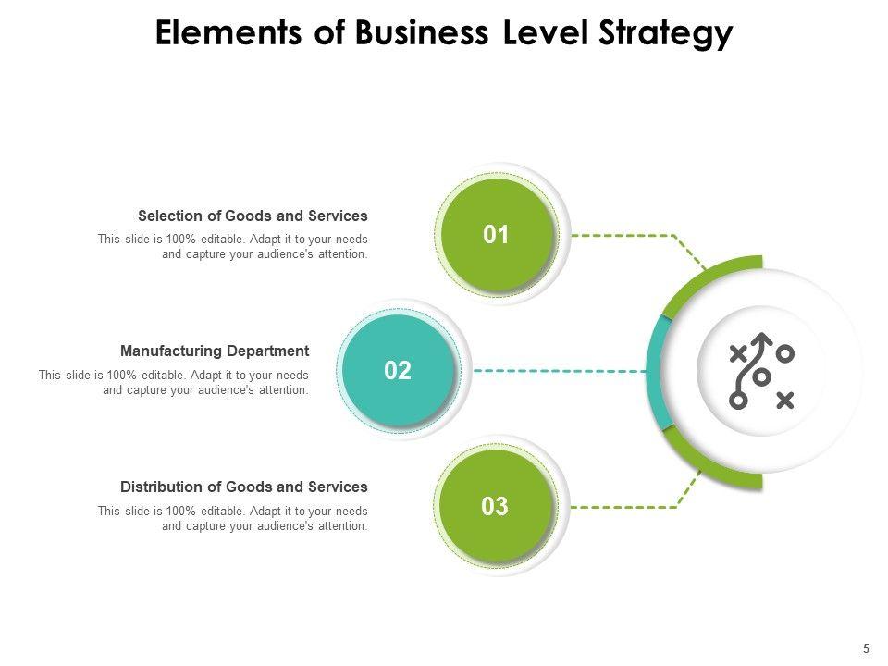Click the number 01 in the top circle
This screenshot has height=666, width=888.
tap(497, 235)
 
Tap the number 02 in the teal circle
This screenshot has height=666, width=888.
tap(397, 371)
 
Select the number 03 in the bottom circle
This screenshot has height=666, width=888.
tap(496, 507)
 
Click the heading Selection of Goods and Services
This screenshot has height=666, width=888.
tap(253, 216)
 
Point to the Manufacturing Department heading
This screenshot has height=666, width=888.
tap(215, 351)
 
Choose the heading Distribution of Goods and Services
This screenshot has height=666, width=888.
tap(244, 487)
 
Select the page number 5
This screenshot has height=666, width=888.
tap(866, 647)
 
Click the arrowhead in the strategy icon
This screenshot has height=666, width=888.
tap(762, 339)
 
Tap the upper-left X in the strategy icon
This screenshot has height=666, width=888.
tap(738, 352)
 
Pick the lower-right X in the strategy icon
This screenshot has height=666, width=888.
tap(784, 400)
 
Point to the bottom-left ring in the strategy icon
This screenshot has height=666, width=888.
tap(738, 401)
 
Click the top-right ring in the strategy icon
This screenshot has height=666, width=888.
tap(784, 352)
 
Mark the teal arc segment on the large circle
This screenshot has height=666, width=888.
tap(653, 371)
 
